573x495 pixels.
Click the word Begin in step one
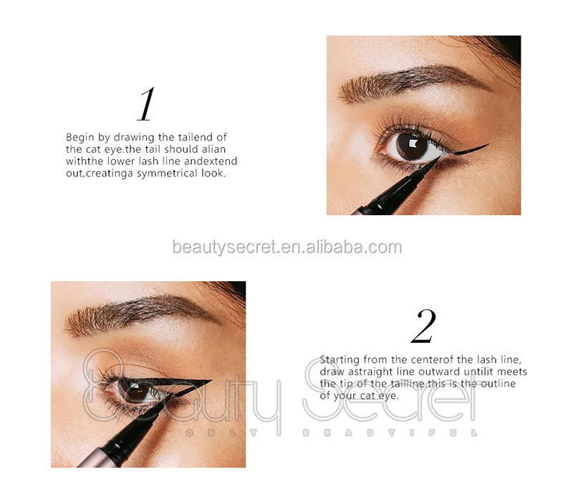[80, 136]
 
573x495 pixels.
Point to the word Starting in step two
[341, 359]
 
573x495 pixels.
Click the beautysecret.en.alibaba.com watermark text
[286, 247]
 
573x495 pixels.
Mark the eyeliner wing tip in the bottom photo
[208, 382]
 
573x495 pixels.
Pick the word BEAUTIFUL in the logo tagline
[390, 433]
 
